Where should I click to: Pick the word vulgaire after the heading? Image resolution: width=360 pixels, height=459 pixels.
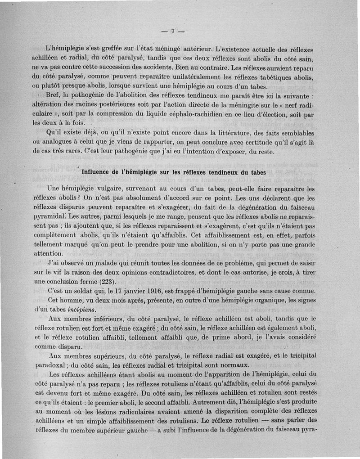pos(102,189)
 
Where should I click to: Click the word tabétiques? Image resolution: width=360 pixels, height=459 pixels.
pos(268,77)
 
